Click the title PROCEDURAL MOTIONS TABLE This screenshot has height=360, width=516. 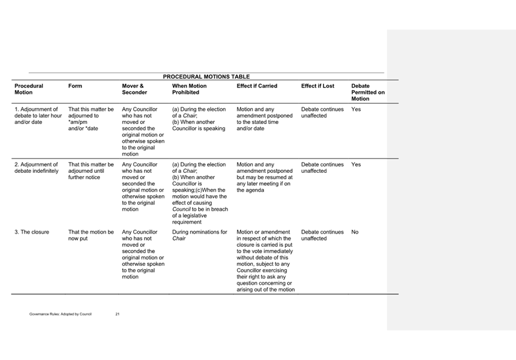(x=206, y=76)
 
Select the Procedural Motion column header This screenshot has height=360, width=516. (x=29, y=89)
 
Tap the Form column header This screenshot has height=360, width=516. (x=75, y=86)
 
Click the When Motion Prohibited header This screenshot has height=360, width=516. (x=189, y=89)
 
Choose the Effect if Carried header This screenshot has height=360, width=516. (x=257, y=86)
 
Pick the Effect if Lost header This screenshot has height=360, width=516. (x=317, y=86)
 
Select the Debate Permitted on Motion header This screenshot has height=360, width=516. (x=368, y=92)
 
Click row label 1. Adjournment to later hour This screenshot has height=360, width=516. (x=38, y=115)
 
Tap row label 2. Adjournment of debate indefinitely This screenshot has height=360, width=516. (x=36, y=168)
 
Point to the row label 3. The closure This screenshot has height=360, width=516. (x=32, y=232)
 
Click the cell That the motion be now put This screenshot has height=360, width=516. (x=91, y=235)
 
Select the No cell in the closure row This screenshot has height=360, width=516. (x=355, y=232)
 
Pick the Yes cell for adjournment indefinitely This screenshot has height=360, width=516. (x=356, y=164)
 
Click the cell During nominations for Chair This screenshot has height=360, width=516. (x=199, y=235)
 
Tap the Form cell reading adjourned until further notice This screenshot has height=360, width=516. (x=91, y=171)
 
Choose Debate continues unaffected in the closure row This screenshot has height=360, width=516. (x=322, y=235)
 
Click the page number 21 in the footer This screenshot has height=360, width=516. (x=117, y=315)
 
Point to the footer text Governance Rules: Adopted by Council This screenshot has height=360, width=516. (x=60, y=315)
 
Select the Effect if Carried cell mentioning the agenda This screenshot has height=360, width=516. (x=264, y=177)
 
